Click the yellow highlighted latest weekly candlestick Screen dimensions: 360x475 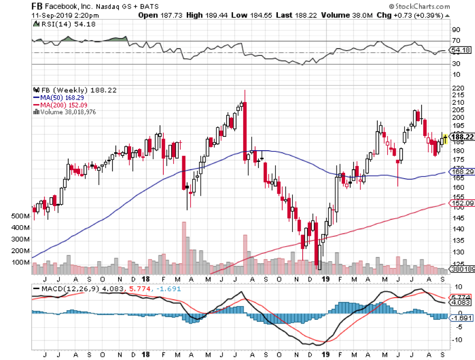[x=445, y=139]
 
